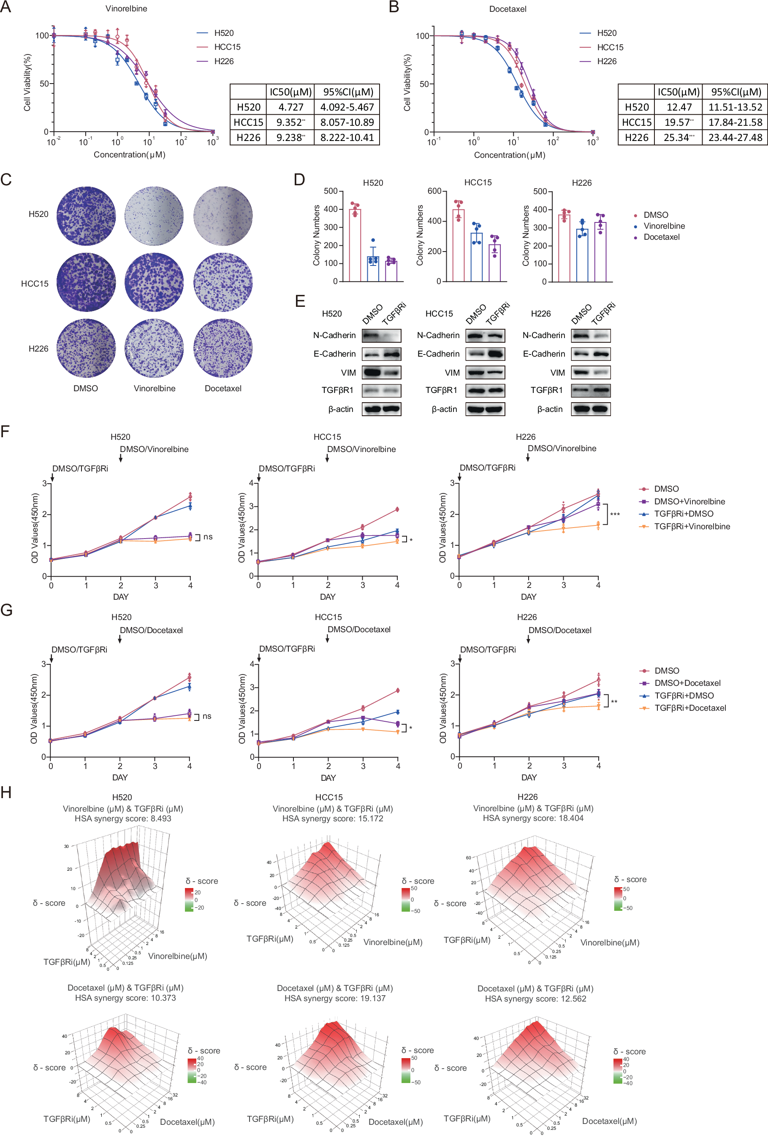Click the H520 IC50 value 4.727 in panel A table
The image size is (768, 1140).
click(290, 107)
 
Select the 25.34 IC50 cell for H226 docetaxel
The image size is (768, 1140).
click(678, 138)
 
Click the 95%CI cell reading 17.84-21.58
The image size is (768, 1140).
click(735, 122)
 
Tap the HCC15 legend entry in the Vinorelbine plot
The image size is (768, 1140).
click(227, 47)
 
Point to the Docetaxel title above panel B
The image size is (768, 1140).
click(507, 9)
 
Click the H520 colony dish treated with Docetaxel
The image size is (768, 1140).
click(223, 215)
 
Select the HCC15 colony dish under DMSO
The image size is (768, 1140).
click(86, 282)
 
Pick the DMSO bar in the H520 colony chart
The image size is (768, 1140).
click(355, 245)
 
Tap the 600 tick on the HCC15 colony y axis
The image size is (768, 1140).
click(434, 191)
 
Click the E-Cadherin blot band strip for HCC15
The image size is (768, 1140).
click(485, 354)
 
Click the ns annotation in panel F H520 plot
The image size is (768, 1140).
click(208, 537)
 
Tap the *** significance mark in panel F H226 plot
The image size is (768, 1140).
click(615, 514)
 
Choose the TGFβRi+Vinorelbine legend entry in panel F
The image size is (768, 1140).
click(692, 526)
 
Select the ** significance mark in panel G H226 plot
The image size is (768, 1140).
click(614, 702)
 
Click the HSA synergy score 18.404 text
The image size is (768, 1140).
click(533, 818)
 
